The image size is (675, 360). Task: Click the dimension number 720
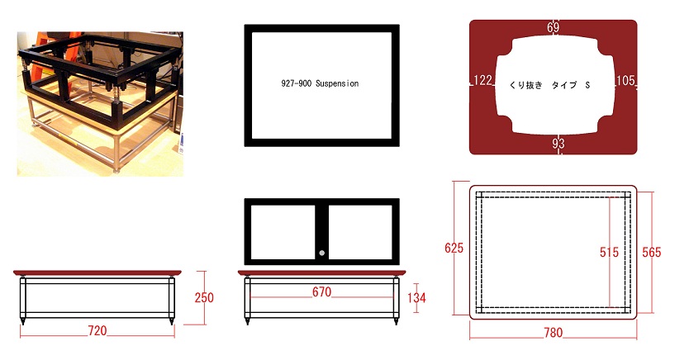tap(97, 330)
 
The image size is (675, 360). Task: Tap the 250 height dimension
tap(204, 297)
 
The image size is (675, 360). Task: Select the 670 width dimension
tap(322, 292)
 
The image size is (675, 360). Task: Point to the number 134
tap(416, 297)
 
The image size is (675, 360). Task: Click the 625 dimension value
tap(454, 248)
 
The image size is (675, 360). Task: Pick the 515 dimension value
tap(609, 252)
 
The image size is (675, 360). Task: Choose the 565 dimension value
tap(651, 252)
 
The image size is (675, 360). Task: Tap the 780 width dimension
tap(554, 333)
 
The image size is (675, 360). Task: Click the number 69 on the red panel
tap(554, 27)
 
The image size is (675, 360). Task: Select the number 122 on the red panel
tap(482, 80)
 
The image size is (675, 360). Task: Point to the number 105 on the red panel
tap(625, 80)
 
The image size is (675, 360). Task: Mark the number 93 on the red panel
tap(559, 143)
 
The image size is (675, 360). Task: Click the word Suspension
tap(337, 83)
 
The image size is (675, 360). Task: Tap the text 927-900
tap(296, 83)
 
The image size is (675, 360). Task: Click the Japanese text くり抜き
tap(525, 85)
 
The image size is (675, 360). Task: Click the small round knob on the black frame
tap(322, 253)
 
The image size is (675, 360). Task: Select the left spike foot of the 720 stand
tap(23, 321)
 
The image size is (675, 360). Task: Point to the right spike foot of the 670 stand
tap(396, 321)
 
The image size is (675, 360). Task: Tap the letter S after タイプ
tap(587, 85)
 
